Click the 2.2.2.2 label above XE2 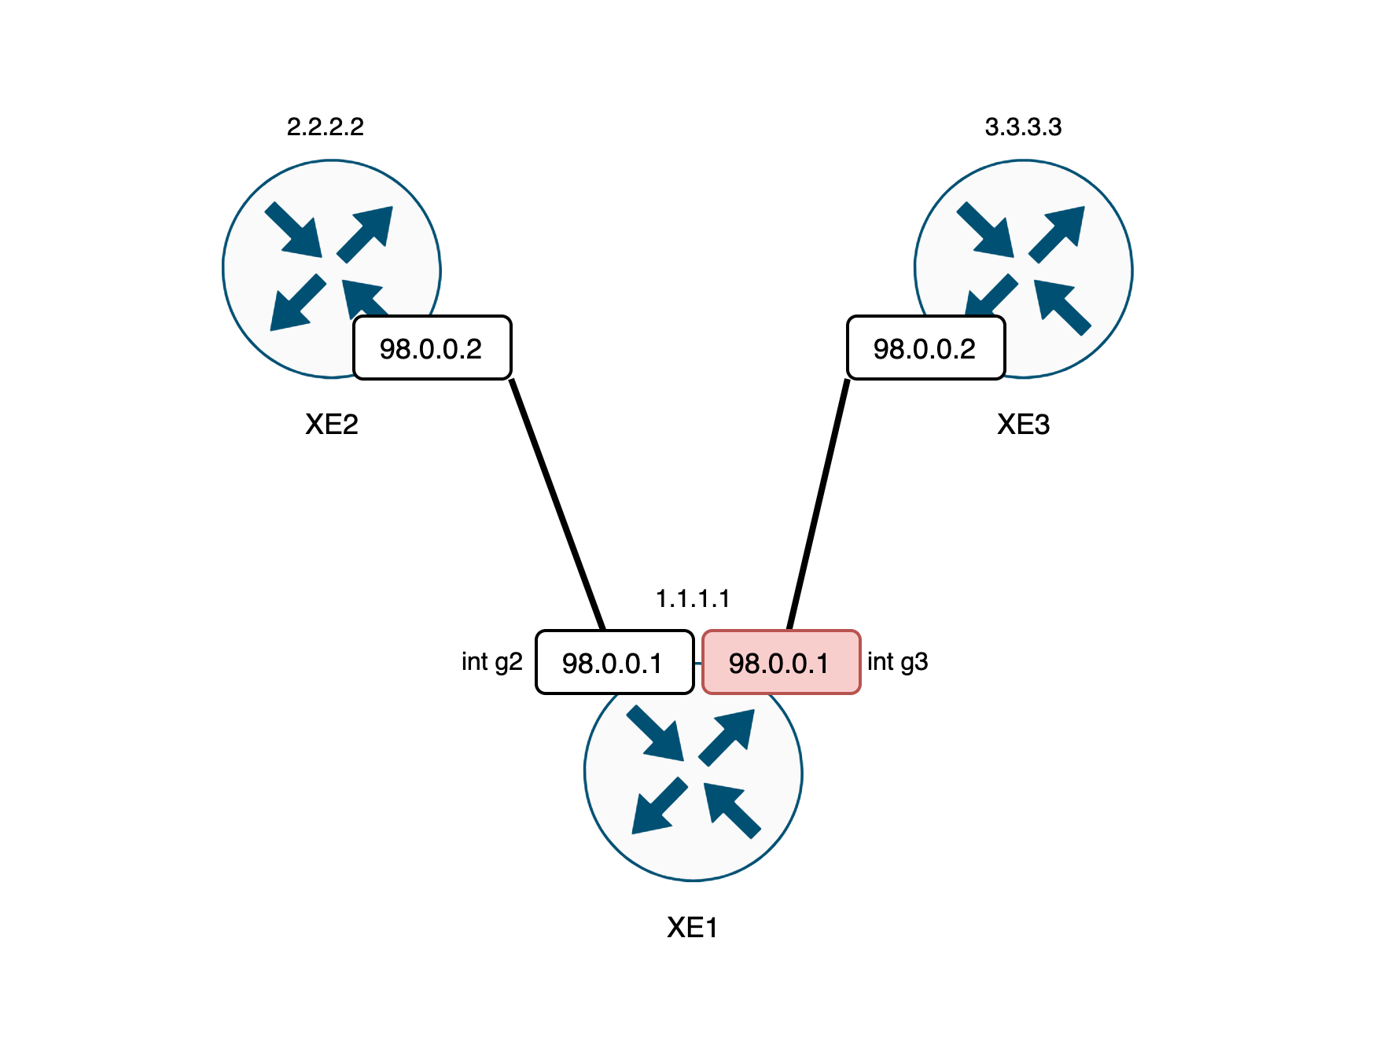click(x=325, y=127)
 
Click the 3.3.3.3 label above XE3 click(x=1023, y=127)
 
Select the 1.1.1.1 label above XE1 click(x=693, y=599)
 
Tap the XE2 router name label click(x=331, y=425)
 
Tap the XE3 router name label click(x=1023, y=425)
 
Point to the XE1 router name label click(x=692, y=928)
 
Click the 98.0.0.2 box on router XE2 click(x=432, y=348)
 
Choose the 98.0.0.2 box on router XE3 click(x=925, y=348)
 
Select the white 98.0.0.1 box click(x=613, y=663)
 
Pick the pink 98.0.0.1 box click(x=780, y=663)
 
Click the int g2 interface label click(x=491, y=662)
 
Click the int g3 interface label click(x=897, y=662)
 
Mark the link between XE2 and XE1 click(x=557, y=503)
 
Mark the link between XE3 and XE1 click(x=819, y=503)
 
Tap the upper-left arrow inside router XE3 click(x=987, y=230)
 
